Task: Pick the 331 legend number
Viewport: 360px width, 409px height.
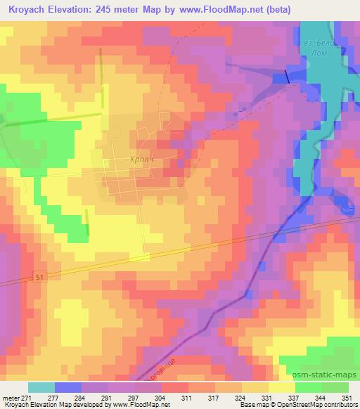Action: (268, 398)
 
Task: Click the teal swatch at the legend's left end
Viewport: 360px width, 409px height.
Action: (41, 387)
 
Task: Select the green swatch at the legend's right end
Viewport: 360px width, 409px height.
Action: (335, 387)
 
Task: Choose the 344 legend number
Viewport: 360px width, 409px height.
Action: (320, 398)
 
